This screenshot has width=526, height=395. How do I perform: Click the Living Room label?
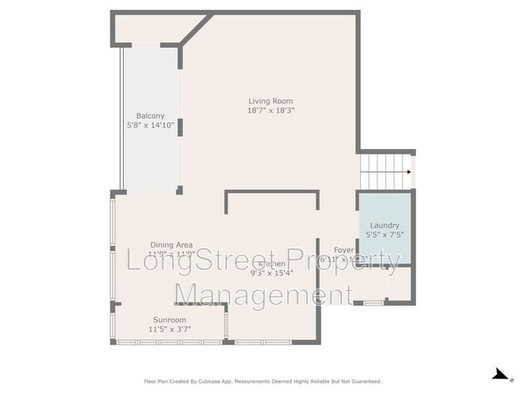(270, 100)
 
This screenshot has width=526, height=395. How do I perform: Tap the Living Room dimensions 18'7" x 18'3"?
(270, 110)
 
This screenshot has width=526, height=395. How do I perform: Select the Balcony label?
(150, 116)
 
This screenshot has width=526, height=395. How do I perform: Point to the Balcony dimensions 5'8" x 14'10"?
(150, 125)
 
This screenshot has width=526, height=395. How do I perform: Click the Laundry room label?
(384, 225)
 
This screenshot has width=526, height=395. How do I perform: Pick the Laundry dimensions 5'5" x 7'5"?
(384, 235)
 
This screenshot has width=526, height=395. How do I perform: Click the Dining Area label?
(171, 244)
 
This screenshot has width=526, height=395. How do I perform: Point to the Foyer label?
(344, 250)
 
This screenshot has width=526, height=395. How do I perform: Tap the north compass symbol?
(503, 375)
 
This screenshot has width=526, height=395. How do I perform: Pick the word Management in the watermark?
(264, 295)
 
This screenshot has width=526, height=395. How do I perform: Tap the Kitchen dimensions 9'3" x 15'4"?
(271, 273)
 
